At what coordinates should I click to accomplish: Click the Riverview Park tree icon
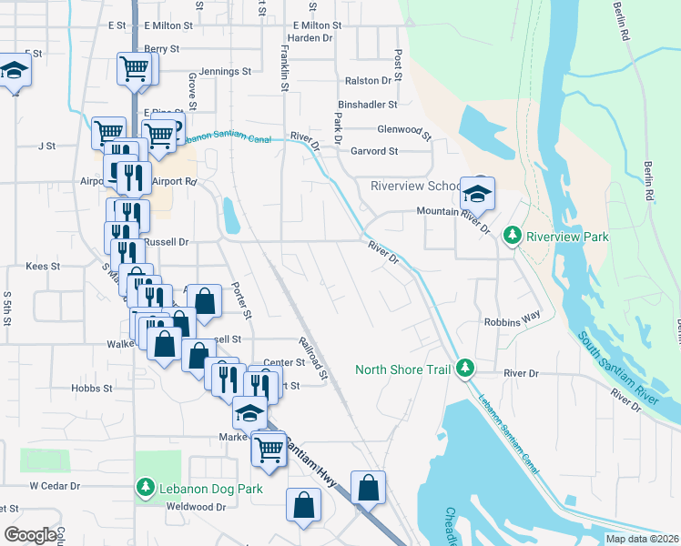click(x=513, y=237)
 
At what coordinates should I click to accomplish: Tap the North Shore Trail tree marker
click(x=465, y=368)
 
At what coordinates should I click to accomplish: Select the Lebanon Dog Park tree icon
click(x=145, y=489)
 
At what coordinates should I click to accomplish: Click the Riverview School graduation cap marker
click(x=477, y=193)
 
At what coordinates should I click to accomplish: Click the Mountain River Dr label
click(x=453, y=211)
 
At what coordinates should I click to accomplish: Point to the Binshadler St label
click(x=368, y=106)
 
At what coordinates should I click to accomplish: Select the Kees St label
click(x=43, y=267)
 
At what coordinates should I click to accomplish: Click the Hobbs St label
click(x=91, y=388)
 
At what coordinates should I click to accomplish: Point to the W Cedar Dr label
click(x=56, y=486)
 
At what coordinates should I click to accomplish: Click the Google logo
click(x=30, y=535)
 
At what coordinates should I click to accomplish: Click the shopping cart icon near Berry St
click(x=135, y=68)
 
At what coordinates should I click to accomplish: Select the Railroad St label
click(x=312, y=357)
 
